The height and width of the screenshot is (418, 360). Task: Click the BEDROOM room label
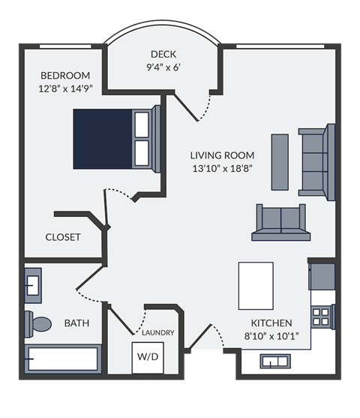point(65,76)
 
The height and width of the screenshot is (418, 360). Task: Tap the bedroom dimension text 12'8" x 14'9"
point(65,88)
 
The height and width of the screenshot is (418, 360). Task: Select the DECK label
point(163,54)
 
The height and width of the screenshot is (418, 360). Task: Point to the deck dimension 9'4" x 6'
point(163,66)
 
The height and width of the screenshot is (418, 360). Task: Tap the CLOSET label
point(63,237)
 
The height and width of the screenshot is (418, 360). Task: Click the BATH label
point(76,323)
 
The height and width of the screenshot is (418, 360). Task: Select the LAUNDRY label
point(157,332)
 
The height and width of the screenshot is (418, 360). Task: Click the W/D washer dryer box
point(147,357)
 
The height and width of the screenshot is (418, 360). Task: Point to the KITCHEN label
point(271,323)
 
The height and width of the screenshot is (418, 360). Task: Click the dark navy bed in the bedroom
point(103,138)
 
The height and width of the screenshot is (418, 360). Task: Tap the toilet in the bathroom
point(38,324)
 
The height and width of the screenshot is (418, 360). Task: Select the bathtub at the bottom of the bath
point(63,359)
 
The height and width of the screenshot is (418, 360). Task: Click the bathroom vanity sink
point(34,286)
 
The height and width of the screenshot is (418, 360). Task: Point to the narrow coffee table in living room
point(279,155)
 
